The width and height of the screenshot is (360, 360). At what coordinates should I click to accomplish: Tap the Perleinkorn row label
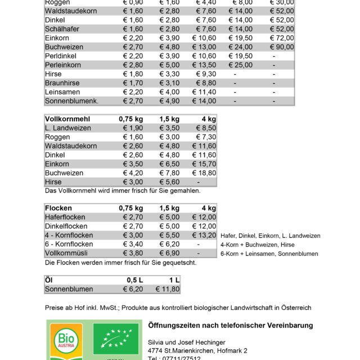[x=64, y=65]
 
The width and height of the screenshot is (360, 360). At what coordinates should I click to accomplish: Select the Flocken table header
[x=58, y=208]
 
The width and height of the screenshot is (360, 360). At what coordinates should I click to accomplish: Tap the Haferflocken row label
[x=65, y=217]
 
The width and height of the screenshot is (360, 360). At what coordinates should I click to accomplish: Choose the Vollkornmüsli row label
[x=66, y=253]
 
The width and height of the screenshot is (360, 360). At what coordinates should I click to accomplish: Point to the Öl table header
[x=48, y=280]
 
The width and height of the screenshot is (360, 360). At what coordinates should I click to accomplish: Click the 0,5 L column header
[x=134, y=280]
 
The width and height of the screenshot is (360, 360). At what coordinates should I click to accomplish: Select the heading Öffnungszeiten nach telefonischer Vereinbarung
[x=230, y=326]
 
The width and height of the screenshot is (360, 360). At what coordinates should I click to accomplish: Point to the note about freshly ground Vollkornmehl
[x=122, y=191]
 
